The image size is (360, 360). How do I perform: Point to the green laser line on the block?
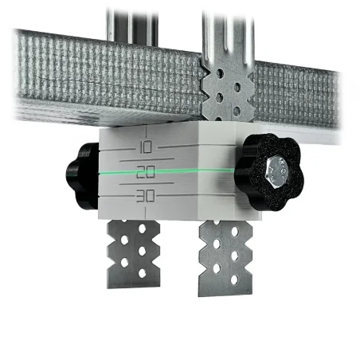tap(199, 170)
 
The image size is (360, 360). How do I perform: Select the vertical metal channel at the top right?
tap(225, 32)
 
